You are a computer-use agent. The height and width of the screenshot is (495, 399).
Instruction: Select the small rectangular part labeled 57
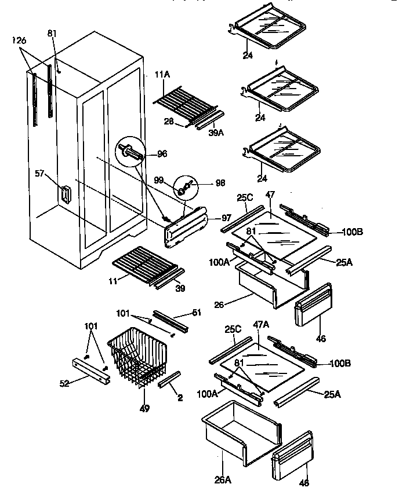(65, 194)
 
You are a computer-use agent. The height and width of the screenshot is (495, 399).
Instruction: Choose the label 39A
(215, 132)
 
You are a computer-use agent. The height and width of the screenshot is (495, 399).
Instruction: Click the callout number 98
(221, 183)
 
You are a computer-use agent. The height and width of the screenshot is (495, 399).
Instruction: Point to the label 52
(66, 383)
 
